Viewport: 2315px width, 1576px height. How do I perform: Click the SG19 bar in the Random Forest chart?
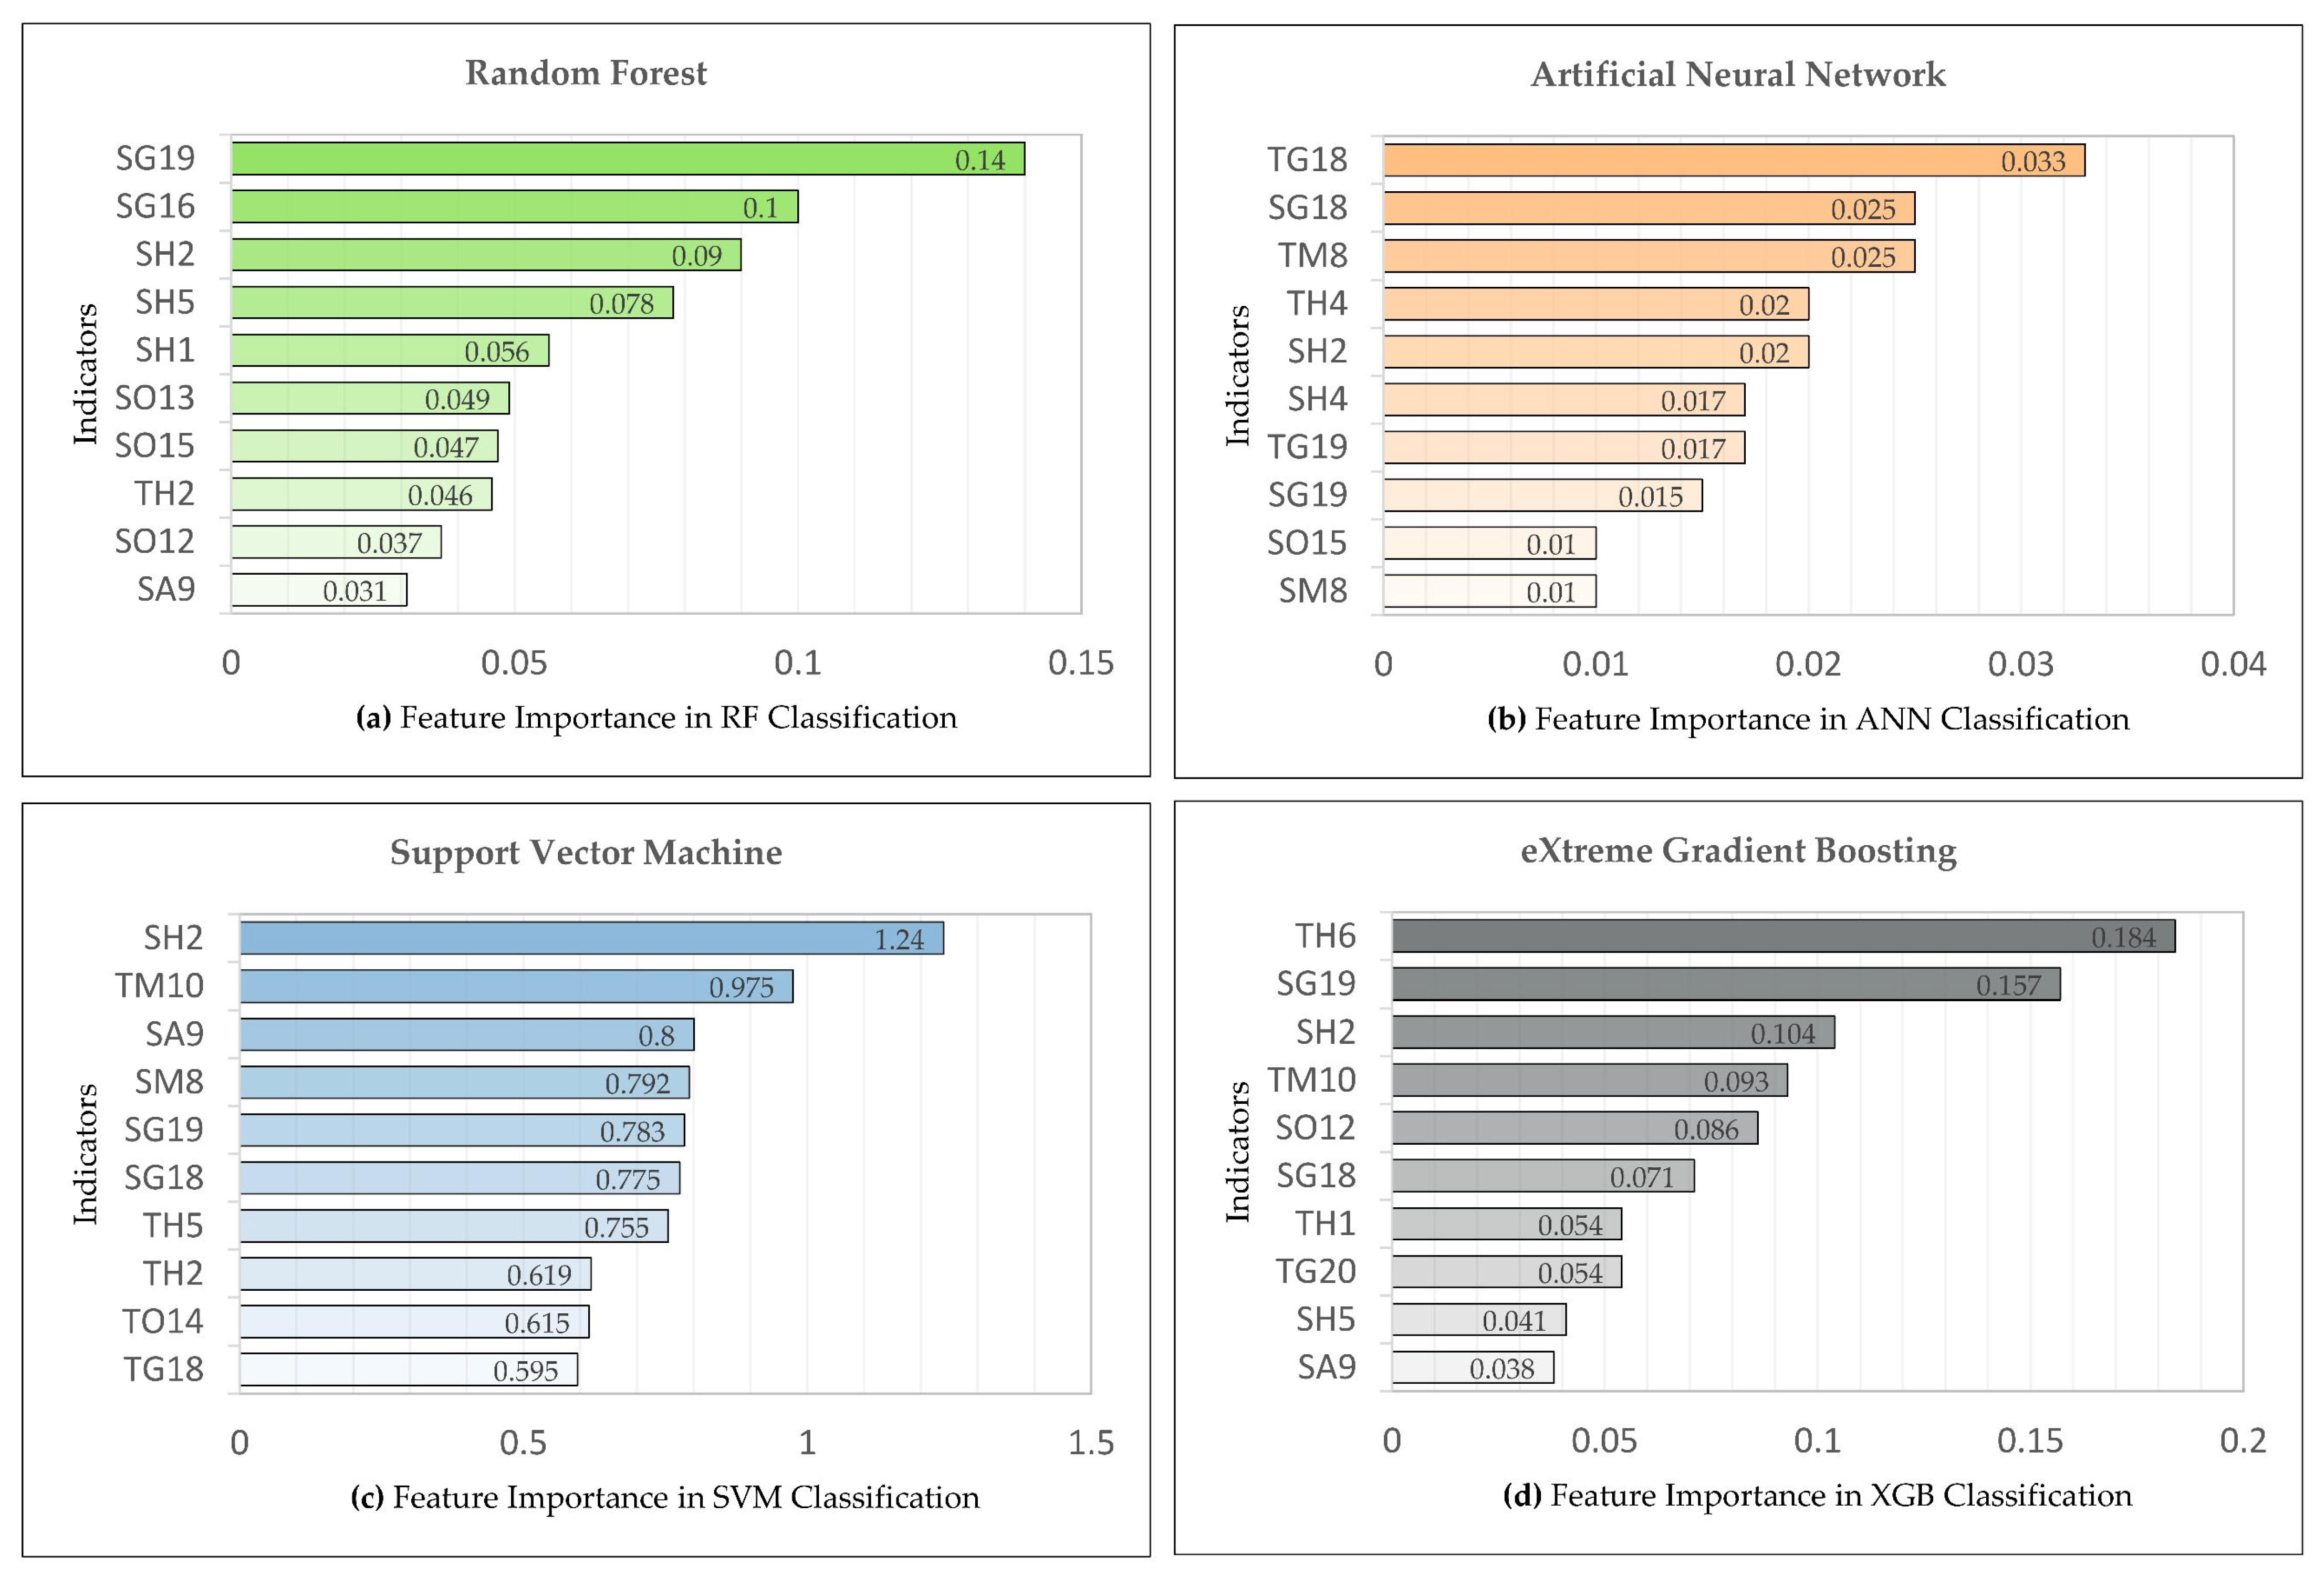628,159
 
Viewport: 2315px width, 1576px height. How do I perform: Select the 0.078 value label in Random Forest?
622,304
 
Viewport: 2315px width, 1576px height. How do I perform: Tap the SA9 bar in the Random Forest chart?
319,590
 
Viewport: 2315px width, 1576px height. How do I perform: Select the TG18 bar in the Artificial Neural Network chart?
1733,160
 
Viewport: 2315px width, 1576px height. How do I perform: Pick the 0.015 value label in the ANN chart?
1650,496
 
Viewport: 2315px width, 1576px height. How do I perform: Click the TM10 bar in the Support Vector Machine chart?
516,986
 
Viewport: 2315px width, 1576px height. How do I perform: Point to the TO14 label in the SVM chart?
162,1322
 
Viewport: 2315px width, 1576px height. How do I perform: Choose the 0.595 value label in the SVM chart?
525,1371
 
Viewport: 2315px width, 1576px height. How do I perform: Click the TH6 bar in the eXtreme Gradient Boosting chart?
1783,937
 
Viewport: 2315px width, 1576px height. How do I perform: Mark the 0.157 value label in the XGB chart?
2008,985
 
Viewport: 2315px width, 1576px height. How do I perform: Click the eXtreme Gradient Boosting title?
1738,851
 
